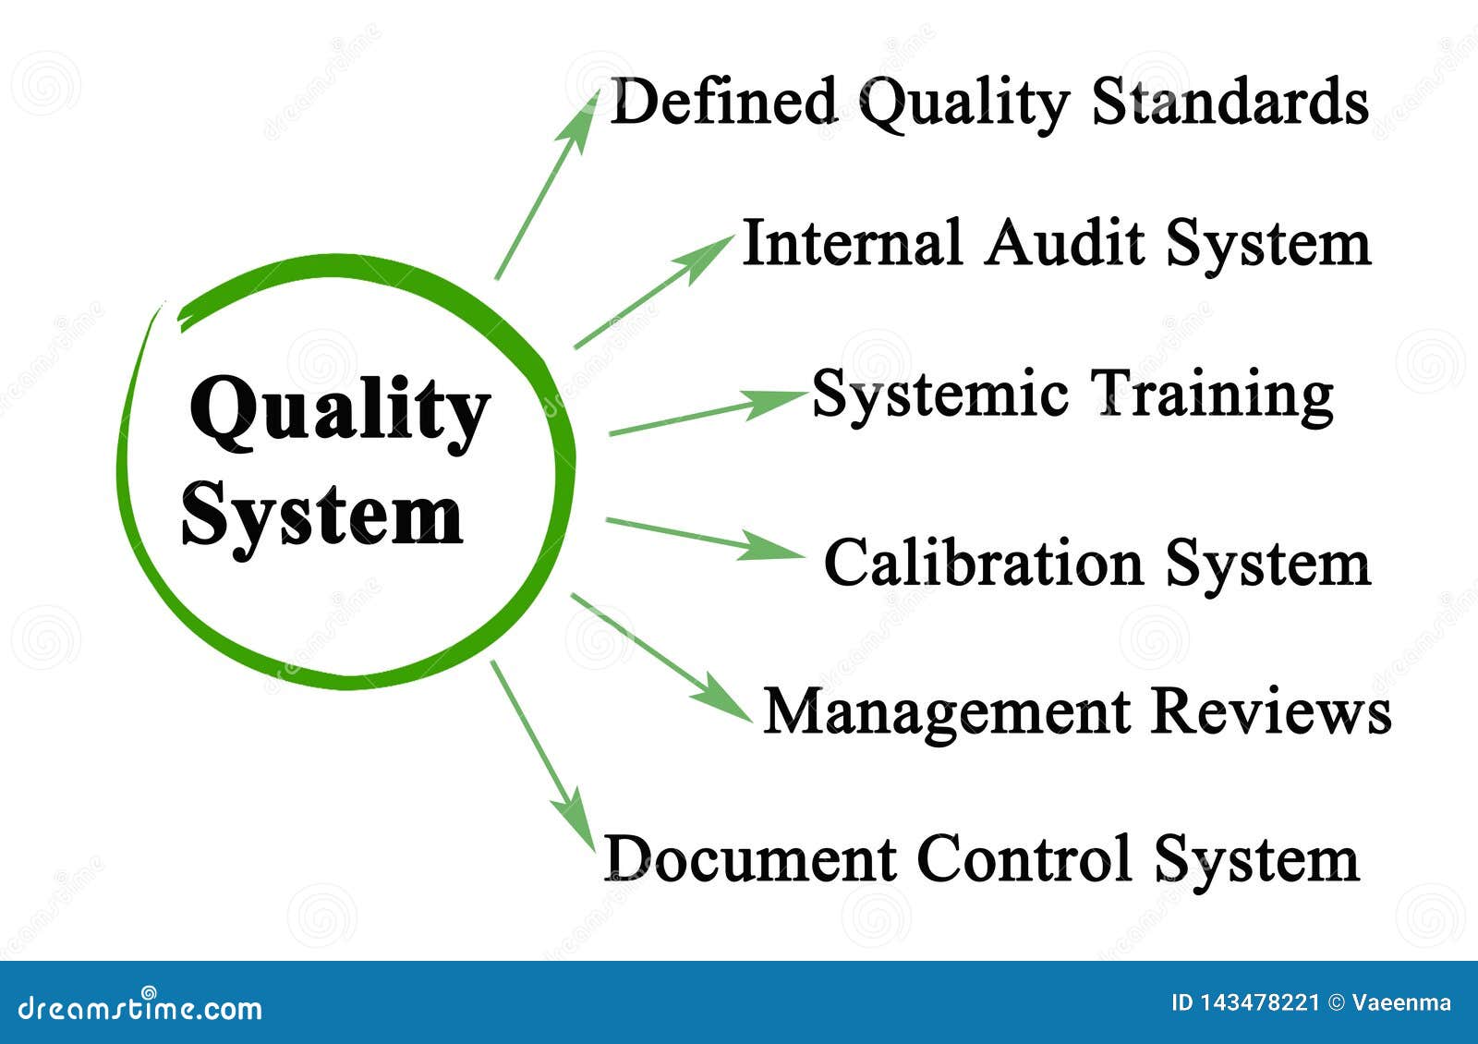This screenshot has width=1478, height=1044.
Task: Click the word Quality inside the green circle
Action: (338, 412)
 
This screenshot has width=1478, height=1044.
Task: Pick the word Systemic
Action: (940, 395)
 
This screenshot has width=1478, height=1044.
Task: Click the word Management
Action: (947, 711)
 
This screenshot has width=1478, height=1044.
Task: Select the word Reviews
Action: (1271, 711)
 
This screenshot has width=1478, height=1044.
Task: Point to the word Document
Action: (750, 859)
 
